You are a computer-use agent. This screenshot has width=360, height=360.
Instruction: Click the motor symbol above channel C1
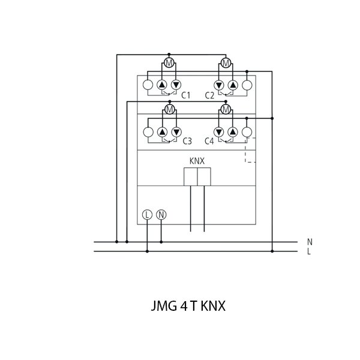point(169,64)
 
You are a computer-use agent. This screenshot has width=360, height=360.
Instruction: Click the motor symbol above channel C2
point(226,64)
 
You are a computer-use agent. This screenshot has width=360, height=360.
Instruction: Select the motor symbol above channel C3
point(169,110)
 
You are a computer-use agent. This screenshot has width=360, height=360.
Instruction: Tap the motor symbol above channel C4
point(226,110)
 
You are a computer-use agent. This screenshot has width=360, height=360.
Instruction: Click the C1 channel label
point(186,95)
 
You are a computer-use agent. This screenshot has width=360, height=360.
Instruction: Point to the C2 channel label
point(209,95)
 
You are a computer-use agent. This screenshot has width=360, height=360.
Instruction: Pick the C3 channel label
point(187,141)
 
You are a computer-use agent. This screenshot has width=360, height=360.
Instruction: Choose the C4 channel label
point(209,141)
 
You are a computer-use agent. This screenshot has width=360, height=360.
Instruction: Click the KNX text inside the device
point(197,161)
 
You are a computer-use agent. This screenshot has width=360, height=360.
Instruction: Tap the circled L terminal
point(148,214)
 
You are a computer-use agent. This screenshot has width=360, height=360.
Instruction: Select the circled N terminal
point(161,214)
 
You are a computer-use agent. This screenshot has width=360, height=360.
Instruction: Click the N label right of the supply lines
point(310,242)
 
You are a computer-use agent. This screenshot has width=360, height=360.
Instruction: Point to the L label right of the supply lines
point(309,251)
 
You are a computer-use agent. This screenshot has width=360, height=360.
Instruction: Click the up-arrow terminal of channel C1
point(162,85)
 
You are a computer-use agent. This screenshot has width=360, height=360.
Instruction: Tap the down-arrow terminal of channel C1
point(176,85)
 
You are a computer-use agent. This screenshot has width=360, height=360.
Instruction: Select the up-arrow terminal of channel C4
point(233,131)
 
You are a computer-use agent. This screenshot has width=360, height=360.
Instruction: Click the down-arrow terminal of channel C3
point(176,131)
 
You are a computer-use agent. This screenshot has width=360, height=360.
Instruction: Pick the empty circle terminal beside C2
point(246,85)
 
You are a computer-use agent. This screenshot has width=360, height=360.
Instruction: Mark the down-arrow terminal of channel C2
point(219,85)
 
